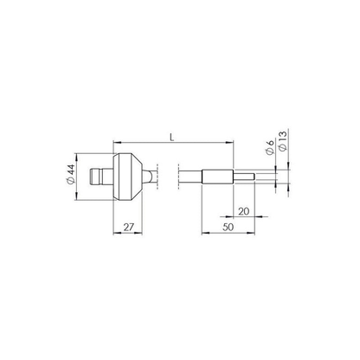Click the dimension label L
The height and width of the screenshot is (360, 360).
[x=172, y=137]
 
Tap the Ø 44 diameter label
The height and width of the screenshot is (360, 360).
[x=71, y=175]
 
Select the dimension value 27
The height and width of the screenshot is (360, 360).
[x=129, y=227]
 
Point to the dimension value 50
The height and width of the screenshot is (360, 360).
[x=228, y=227]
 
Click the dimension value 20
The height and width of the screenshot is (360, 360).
[x=244, y=211]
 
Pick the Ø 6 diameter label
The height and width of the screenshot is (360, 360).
[x=270, y=148]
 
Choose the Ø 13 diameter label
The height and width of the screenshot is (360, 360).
[x=283, y=141]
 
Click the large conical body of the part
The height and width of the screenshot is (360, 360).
[x=127, y=177]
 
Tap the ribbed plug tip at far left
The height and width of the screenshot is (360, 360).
[x=96, y=177]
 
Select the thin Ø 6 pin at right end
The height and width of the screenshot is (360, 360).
[x=244, y=177]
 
